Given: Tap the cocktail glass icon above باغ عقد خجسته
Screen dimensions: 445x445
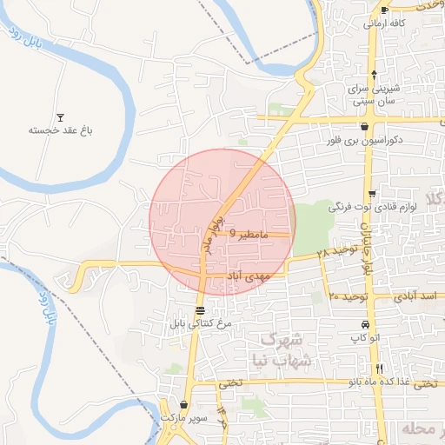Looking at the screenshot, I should pos(60,117).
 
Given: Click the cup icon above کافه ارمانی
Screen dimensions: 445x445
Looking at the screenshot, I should pos(383,10).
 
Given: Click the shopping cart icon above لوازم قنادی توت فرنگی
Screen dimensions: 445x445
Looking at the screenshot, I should pos(372,194).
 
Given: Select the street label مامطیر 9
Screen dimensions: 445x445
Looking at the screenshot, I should pos(250,235).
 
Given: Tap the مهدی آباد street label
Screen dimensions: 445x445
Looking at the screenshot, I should pos(249,276).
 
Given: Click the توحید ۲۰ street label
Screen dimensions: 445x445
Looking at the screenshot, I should pos(349,297).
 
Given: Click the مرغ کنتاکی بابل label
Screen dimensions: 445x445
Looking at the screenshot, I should pos(203,323).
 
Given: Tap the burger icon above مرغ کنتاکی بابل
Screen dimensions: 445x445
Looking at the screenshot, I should pos(201,310).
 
